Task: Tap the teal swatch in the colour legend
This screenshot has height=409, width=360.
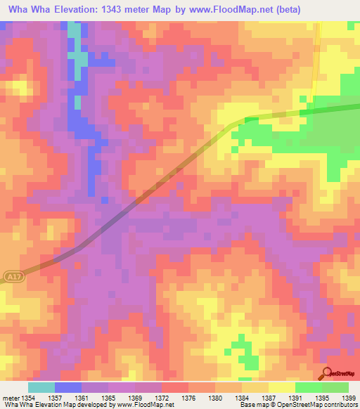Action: coord(41,387)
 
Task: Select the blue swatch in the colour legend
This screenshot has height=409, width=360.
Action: coord(67,387)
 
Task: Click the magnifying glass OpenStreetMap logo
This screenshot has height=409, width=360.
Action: coord(326,372)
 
